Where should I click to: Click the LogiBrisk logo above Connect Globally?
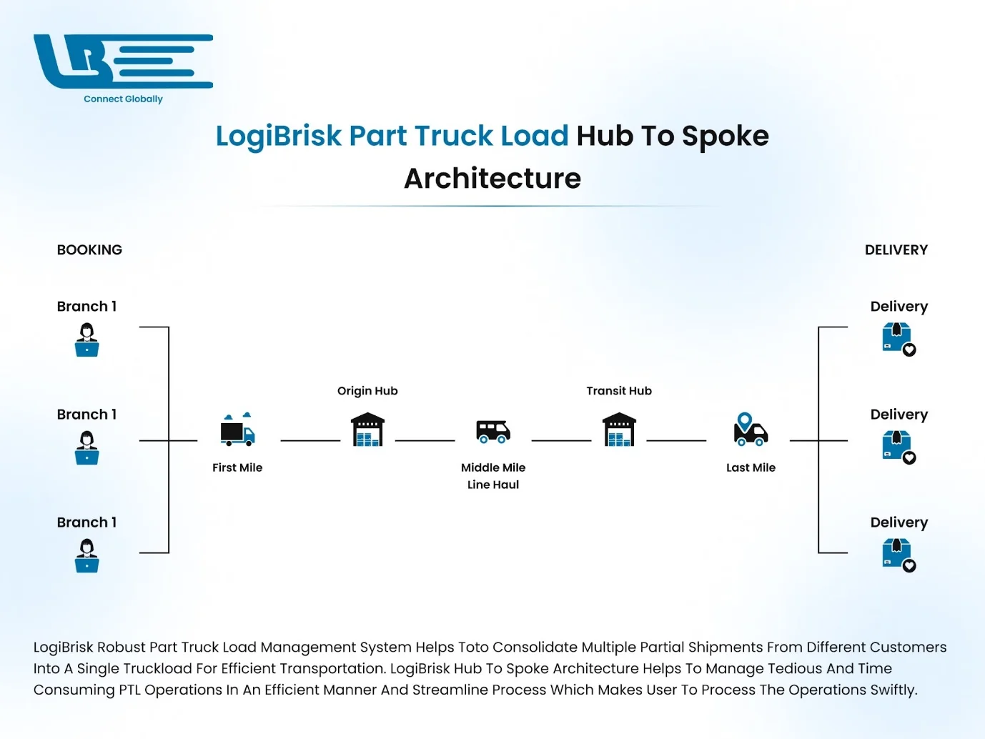122,61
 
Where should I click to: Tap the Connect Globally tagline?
123,99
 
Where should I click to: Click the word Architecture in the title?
492,179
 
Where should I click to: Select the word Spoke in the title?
725,136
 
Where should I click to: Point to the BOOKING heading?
89,250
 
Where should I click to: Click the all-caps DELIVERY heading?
896,250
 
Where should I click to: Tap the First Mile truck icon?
237,430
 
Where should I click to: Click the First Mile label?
237,467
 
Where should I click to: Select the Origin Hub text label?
367,391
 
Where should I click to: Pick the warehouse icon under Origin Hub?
367,430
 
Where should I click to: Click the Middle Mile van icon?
493,431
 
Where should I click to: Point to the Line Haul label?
493,485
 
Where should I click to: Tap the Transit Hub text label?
619,391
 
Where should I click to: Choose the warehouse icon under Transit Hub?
619,430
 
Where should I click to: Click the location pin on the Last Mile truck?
745,420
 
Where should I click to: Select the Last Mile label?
751,467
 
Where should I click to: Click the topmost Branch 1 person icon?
87,339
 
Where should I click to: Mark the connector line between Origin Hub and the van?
425,441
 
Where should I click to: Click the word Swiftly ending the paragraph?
893,690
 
